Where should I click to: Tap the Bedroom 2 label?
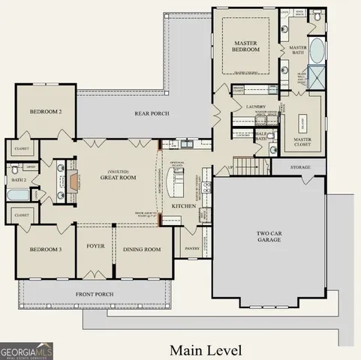(45, 112)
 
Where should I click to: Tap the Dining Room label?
(143, 249)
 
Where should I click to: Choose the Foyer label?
(95, 246)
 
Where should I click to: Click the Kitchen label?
(184, 205)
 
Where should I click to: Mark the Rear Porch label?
(152, 114)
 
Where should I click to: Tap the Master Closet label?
(302, 141)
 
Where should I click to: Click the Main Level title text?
(205, 349)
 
